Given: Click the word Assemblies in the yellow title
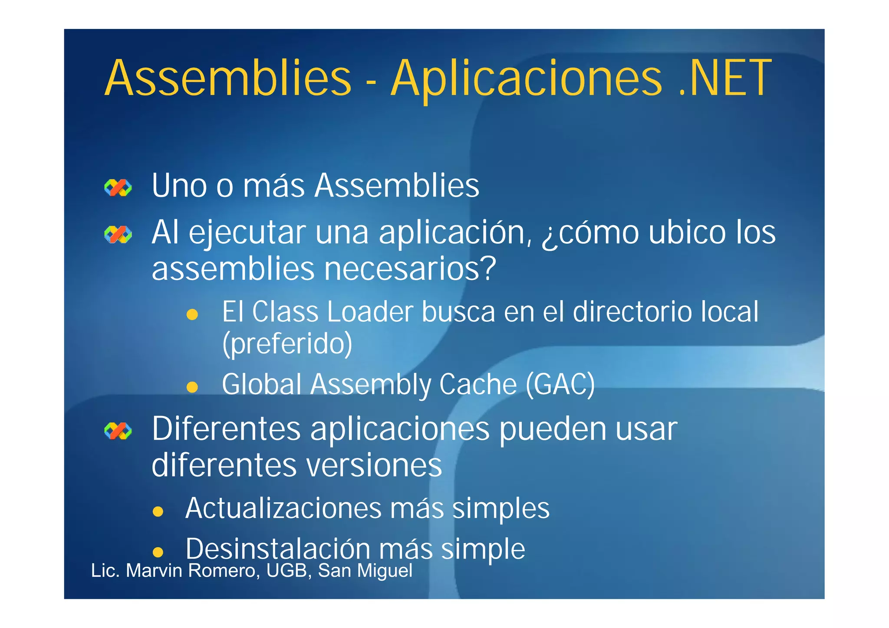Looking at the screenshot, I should (228, 78).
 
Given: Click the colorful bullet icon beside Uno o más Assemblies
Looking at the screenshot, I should (118, 188).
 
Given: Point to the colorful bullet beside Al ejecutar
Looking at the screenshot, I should (118, 235).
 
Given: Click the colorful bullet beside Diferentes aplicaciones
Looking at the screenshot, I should (118, 431).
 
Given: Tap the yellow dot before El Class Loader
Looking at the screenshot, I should (192, 314).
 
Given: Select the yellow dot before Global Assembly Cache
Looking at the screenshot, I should (192, 386).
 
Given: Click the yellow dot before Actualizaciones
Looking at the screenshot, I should (158, 511).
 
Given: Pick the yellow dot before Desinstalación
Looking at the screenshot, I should (158, 552).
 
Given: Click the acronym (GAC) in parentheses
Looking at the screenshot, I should (560, 385).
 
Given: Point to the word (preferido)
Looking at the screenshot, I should (287, 344).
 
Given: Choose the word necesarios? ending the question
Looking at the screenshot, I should (410, 269).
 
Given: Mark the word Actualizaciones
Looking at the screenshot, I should (283, 508).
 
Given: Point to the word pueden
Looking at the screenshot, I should (552, 430).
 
